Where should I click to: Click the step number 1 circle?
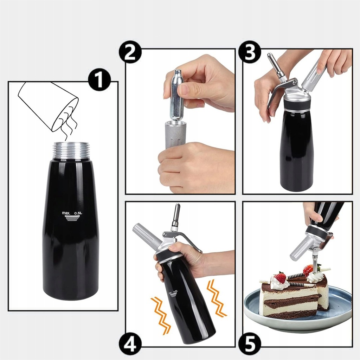click(x=99, y=81)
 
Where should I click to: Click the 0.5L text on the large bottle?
click(x=78, y=213)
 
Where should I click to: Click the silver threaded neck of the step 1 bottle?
click(x=71, y=151)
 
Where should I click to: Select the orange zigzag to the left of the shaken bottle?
click(x=161, y=316)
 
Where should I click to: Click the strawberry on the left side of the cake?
click(x=280, y=278)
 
